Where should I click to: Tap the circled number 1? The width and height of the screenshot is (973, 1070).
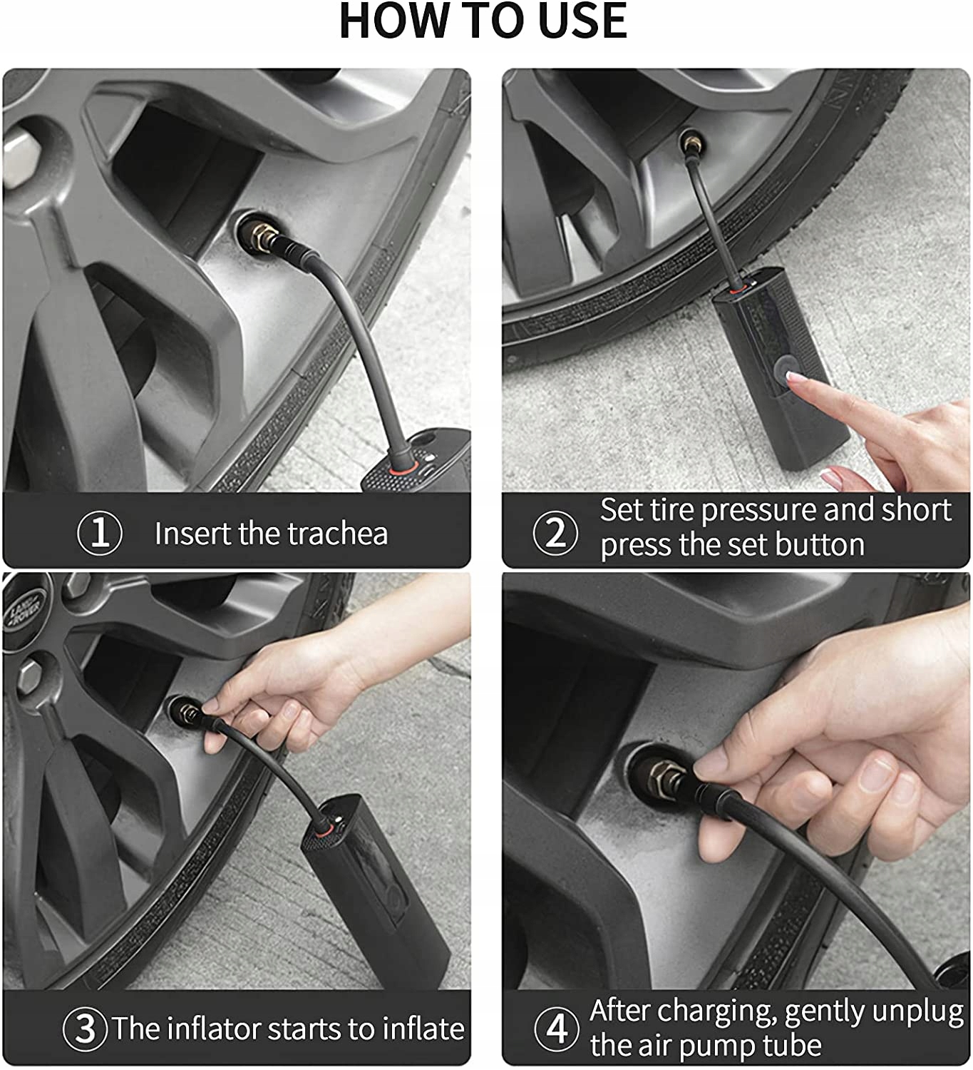100,533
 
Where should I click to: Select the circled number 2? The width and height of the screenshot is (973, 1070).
555,533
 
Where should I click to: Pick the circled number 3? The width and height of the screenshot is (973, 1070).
86,1029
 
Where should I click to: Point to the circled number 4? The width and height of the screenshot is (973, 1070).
557,1029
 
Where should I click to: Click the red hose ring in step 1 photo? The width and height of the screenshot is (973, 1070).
402,469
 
